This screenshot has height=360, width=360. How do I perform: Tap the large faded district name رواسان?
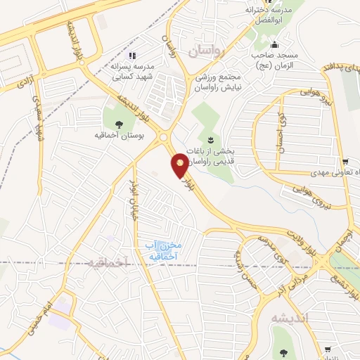[x=209, y=51]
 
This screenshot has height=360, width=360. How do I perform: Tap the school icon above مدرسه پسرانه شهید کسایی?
[x=131, y=54]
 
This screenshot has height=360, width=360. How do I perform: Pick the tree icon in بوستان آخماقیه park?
[x=118, y=124]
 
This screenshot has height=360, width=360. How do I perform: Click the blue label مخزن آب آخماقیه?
[x=163, y=250]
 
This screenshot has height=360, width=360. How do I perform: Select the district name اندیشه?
[x=290, y=317]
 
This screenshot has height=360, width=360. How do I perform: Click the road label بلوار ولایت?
[x=303, y=239]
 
